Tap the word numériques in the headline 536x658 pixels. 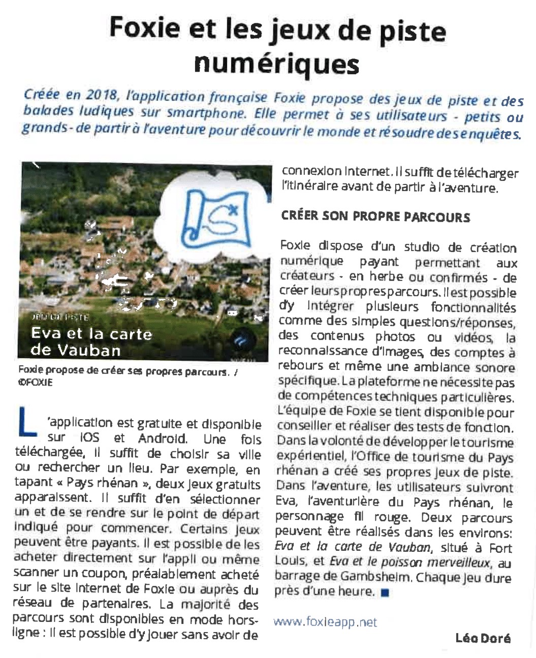276,64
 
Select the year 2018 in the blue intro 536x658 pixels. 101,95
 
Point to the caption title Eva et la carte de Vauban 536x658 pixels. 91,341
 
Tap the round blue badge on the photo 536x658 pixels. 247,341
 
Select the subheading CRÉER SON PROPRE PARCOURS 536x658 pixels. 375,216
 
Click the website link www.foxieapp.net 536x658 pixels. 325,622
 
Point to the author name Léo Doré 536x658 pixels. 482,638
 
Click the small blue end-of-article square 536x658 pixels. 385,592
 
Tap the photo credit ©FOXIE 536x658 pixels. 35,382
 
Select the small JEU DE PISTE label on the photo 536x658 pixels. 59,317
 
